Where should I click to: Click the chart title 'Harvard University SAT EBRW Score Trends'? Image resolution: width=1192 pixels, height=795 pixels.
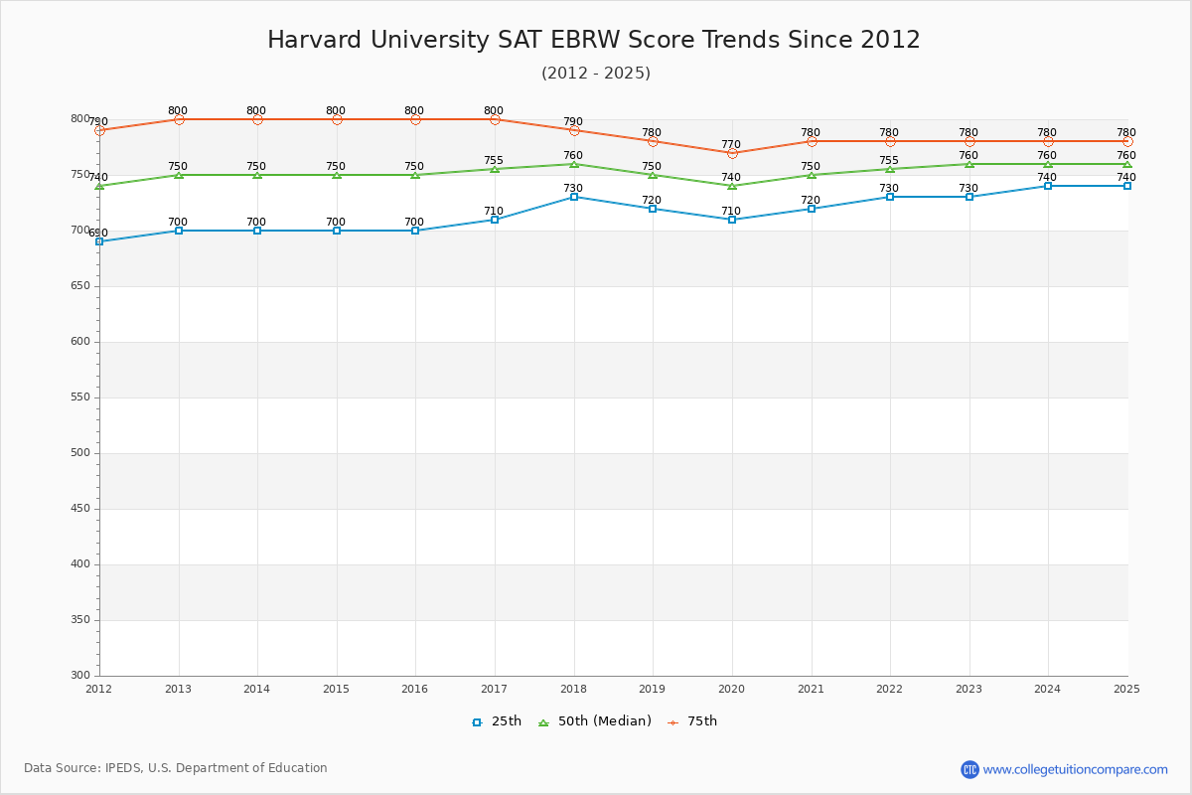click(594, 40)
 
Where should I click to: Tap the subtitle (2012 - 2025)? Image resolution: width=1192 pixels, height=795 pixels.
click(596, 73)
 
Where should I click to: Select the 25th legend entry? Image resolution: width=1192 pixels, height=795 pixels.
click(497, 721)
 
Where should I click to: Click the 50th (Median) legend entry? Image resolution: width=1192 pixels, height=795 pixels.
click(595, 721)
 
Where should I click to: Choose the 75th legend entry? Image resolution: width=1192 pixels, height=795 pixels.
click(692, 721)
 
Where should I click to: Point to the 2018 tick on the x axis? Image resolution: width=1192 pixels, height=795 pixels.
click(573, 689)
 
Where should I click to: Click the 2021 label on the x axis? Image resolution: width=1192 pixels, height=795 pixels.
click(811, 689)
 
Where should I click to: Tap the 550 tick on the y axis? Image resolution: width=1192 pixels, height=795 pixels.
click(79, 397)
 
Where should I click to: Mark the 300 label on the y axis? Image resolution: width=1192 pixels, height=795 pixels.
click(79, 676)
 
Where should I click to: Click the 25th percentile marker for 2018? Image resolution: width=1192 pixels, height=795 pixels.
click(574, 197)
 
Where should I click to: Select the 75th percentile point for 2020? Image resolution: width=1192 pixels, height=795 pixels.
click(732, 153)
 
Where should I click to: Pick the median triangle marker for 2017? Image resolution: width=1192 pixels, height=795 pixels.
click(495, 169)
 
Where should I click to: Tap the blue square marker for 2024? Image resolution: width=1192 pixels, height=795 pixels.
click(1048, 186)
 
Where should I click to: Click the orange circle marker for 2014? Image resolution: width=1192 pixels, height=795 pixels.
click(257, 119)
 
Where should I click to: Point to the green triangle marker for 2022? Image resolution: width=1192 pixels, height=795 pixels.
click(890, 169)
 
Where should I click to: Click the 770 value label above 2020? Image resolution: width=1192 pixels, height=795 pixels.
click(731, 144)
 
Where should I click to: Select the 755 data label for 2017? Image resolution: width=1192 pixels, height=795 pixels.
click(494, 160)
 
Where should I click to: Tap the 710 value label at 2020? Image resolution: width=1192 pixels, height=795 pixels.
click(731, 211)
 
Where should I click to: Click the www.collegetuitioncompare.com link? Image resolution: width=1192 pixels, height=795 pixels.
click(1075, 769)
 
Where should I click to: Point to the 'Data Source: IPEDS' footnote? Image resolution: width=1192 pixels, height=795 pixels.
click(176, 768)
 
